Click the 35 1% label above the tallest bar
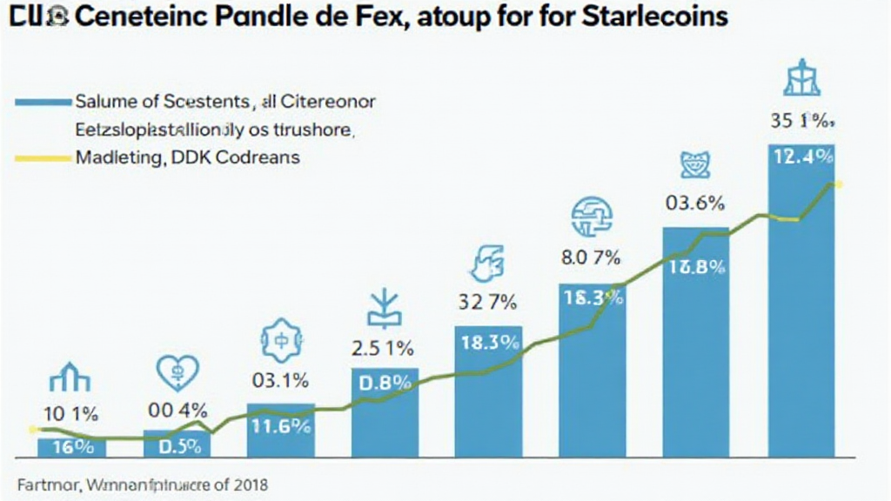pyautogui.click(x=801, y=123)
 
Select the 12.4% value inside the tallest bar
pyautogui.click(x=801, y=157)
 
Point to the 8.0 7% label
pyautogui.click(x=590, y=257)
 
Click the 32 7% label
pyautogui.click(x=487, y=304)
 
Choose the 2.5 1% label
pyautogui.click(x=383, y=350)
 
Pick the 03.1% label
pyautogui.click(x=280, y=380)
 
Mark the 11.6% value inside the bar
pyautogui.click(x=280, y=426)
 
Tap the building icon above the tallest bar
pyautogui.click(x=801, y=80)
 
